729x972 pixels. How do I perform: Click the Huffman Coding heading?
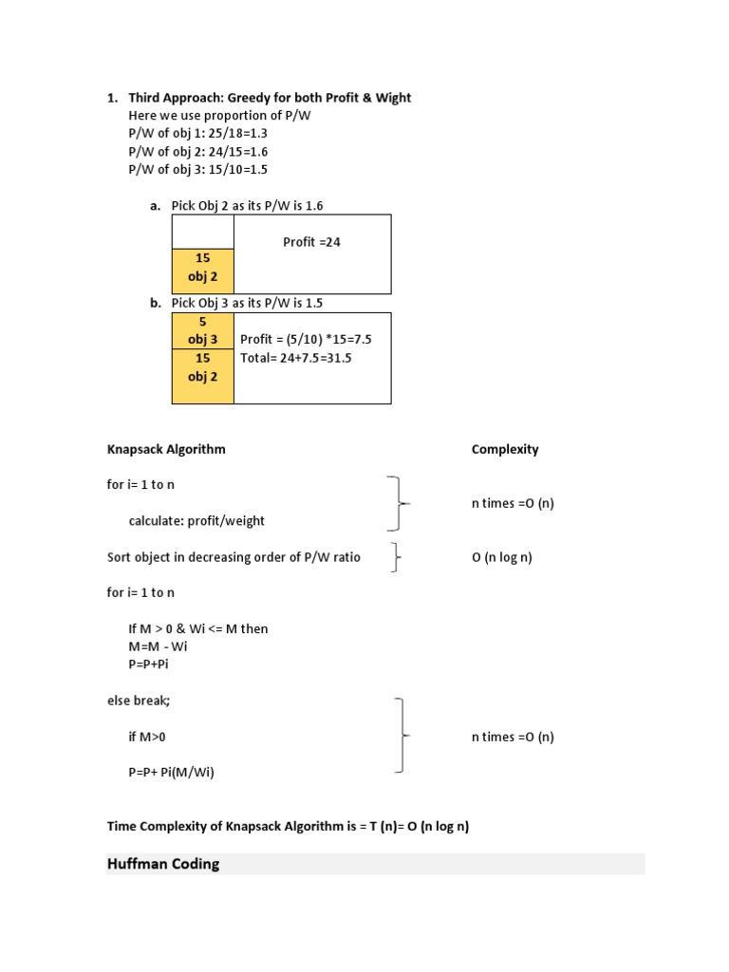163,864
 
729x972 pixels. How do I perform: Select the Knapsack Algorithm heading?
166,449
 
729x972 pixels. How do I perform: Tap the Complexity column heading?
505,449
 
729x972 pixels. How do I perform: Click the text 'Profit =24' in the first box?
311,242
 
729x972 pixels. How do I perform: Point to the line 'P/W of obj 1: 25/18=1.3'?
198,134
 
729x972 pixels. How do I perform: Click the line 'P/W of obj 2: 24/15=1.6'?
198,152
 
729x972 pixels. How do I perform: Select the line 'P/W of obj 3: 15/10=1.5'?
198,170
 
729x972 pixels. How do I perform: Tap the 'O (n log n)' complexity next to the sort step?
502,557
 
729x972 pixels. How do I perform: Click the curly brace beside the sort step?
395,558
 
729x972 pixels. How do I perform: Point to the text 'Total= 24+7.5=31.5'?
296,358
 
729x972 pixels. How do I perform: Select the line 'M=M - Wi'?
159,646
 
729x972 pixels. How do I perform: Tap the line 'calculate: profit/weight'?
196,520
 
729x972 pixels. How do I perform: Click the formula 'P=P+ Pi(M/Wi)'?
172,772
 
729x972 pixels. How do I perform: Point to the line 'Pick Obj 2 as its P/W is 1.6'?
253,205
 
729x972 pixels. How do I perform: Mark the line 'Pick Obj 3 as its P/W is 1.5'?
253,303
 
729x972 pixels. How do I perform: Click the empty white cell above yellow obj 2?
202,232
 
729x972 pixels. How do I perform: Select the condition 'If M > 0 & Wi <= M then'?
198,628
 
